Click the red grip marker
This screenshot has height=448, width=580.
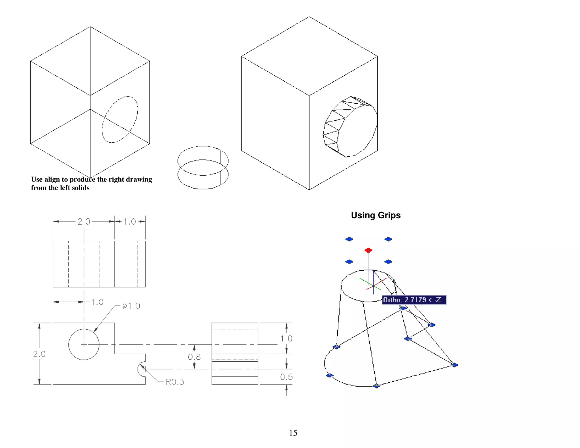click(368, 250)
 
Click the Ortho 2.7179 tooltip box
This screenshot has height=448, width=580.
click(414, 300)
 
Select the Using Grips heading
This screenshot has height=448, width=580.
click(376, 215)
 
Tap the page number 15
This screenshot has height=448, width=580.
click(293, 433)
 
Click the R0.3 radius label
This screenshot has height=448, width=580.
click(175, 382)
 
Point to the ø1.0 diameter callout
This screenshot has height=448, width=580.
click(131, 306)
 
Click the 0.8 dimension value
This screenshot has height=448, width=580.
click(194, 357)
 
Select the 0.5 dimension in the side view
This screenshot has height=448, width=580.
click(286, 377)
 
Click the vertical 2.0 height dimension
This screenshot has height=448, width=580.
click(39, 354)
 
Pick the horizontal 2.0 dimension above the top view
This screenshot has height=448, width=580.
click(84, 221)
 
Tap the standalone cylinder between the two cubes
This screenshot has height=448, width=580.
click(203, 167)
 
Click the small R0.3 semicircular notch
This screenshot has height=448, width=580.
click(141, 369)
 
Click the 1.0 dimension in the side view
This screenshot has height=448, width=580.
click(286, 338)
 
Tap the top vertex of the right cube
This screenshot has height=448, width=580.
click(309, 17)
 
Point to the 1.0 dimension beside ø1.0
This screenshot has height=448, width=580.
click(97, 302)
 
